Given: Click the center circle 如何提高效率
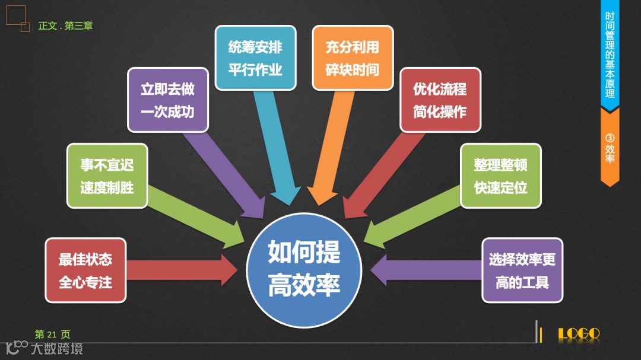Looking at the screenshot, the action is coord(304,270).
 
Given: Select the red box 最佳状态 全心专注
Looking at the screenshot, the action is coord(85,270).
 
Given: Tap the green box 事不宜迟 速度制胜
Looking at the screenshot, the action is coord(107,176).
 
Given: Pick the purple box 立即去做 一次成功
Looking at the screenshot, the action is coord(167,100).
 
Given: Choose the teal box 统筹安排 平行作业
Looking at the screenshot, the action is coord(255,58).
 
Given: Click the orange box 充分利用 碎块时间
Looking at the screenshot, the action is coord(353,58).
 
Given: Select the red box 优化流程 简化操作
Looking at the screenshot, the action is coord(440,100).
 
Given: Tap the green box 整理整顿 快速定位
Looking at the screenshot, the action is coord(501,176).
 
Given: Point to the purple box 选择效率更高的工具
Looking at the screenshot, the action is coord(522,270).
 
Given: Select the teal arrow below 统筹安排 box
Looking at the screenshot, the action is coord(278,148).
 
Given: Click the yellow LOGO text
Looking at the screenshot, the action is coord(579,334).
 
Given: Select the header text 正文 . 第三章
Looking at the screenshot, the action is coord(65,26).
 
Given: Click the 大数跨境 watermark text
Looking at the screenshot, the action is coord(56,348).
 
